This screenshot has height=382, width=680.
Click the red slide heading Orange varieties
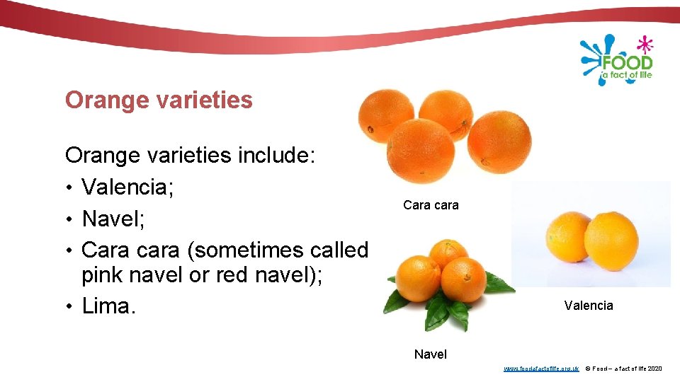tap(159, 100)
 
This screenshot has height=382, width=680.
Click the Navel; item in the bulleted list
tap(113, 219)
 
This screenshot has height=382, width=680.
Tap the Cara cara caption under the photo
tap(431, 205)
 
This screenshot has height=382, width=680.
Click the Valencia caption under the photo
tap(589, 306)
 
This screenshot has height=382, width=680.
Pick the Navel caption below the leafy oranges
tap(431, 354)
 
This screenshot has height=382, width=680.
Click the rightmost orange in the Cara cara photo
tap(499, 141)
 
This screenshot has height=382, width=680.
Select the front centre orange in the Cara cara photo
tap(422, 151)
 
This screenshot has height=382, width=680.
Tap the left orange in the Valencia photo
tap(568, 236)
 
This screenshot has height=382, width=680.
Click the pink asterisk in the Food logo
tap(644, 45)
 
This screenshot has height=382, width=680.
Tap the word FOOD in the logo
tap(626, 64)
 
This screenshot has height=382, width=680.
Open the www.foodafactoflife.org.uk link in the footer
tap(541, 369)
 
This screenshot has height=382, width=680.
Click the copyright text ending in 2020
tap(624, 369)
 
